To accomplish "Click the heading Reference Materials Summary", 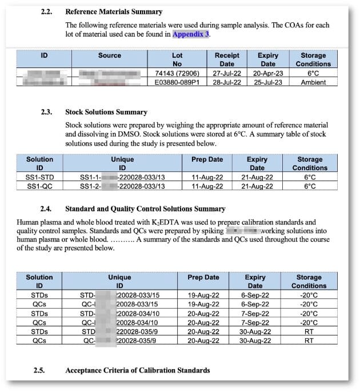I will pos(114,11).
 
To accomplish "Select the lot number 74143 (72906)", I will pos(177,73).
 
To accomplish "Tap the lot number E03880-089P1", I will pos(177,82).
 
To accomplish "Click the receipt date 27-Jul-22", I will pos(227,73).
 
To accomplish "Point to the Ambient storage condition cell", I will pos(313,82).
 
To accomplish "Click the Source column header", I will pos(109,55).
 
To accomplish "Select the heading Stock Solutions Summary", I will pos(106,112).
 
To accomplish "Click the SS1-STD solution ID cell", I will pos(39,177).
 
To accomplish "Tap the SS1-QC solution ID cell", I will pos(39,186).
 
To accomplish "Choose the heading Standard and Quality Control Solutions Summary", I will pos(145,209).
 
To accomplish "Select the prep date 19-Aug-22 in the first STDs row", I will pos(203,295).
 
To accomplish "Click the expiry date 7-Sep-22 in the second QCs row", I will pos(255,322).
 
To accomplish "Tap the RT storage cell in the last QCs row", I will pos(309,341).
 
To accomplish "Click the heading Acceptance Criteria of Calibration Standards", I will pos(137,370).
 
